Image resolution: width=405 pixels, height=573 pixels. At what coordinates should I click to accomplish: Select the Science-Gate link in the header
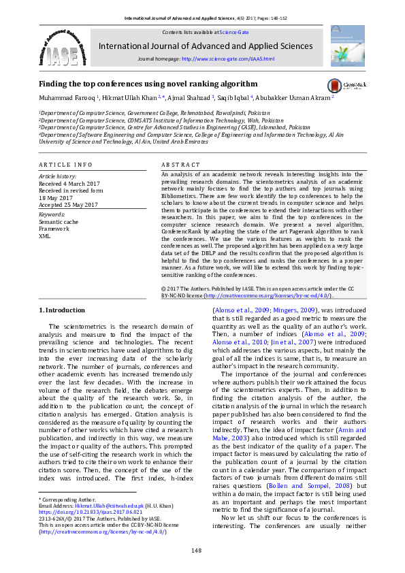[x=233, y=32]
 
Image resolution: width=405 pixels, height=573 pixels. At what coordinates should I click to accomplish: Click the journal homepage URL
[x=228, y=59]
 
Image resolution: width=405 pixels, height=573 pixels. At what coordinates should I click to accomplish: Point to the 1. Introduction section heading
[x=61, y=310]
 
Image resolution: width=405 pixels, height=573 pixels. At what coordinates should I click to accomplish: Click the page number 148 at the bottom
[x=197, y=549]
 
